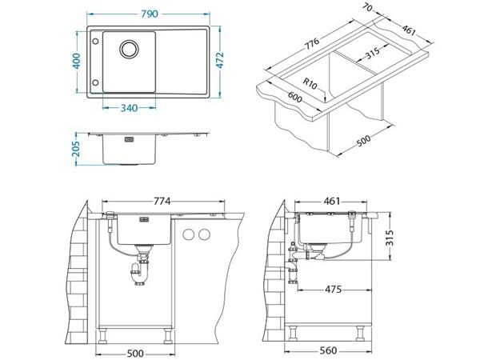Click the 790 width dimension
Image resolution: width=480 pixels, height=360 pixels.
(150, 14)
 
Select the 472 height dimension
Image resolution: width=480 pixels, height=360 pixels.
(220, 60)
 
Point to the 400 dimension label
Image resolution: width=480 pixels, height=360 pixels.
(76, 61)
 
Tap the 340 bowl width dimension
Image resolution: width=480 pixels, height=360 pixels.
(129, 108)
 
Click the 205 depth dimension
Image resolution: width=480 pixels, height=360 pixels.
(76, 149)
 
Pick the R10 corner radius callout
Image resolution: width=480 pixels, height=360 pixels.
(310, 83)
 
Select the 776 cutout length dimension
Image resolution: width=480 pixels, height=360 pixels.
(311, 43)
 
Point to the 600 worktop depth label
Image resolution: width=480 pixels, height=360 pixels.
(294, 97)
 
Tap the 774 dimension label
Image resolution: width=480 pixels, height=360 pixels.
(162, 201)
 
